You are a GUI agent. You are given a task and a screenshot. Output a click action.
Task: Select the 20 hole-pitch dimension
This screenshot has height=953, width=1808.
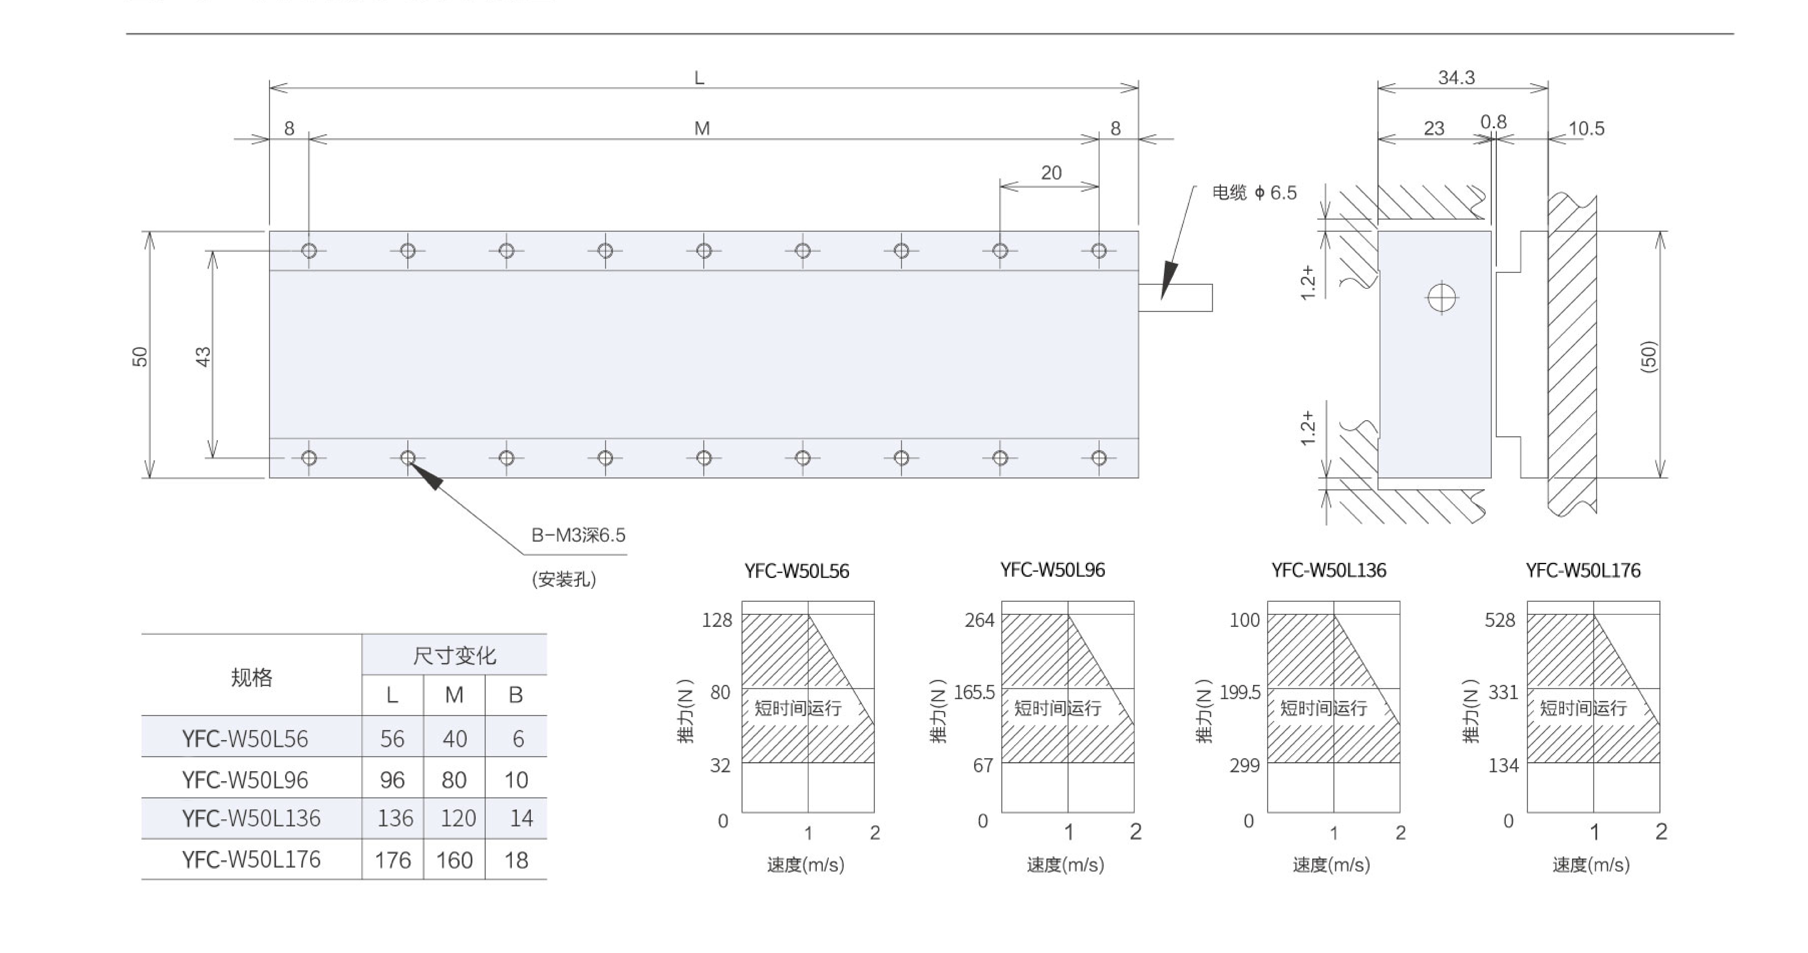coord(1051,173)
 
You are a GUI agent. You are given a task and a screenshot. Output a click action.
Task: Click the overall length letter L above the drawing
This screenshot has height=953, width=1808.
coord(699,78)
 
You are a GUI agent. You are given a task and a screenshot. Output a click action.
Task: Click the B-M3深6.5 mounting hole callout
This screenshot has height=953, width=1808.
coord(578,536)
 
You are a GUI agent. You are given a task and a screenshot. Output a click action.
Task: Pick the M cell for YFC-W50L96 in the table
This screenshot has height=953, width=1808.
coord(454,780)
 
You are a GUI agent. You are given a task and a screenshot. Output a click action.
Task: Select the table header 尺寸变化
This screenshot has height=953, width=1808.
coord(454,655)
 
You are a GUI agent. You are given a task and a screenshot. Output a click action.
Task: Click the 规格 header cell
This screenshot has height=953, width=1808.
coord(251,677)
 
